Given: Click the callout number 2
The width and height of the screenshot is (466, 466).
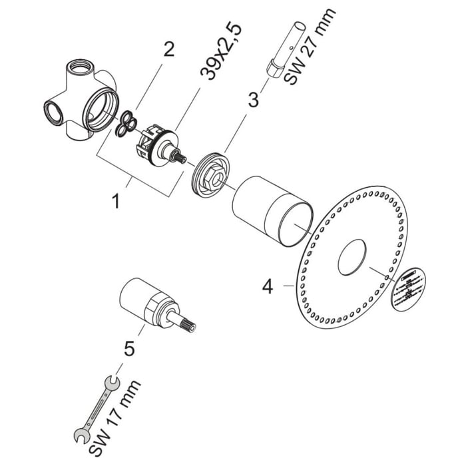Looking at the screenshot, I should point(169,50).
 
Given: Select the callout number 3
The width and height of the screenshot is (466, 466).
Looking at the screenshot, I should point(253,101).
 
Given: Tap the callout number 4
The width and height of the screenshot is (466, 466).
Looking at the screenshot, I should point(268,287).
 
